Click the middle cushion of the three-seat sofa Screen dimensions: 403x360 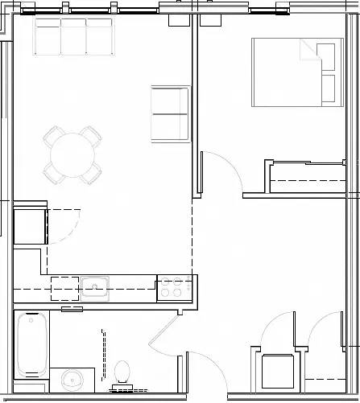click(x=73, y=35)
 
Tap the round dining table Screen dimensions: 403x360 click(x=73, y=150)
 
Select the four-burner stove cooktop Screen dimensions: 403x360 click(x=175, y=286)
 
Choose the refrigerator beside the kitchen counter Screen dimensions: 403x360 click(x=29, y=225)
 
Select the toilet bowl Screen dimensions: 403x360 click(x=122, y=372)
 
